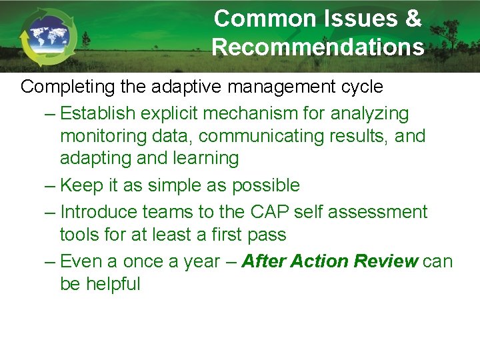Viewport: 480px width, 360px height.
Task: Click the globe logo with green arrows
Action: coord(48,37)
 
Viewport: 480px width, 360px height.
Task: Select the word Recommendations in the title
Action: coord(318,47)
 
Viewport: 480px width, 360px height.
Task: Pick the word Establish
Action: coord(101,113)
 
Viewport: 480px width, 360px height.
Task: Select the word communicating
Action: coord(271,136)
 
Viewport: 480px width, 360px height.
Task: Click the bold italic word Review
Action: coord(386,261)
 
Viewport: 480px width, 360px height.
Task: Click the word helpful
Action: coord(113,284)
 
